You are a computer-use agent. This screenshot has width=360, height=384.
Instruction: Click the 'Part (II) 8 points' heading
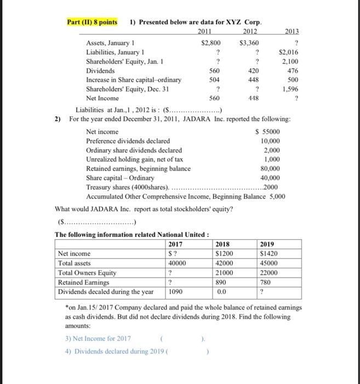point(92,22)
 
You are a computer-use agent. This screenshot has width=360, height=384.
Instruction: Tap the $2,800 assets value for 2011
point(211,42)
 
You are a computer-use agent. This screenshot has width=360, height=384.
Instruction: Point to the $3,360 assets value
point(250,42)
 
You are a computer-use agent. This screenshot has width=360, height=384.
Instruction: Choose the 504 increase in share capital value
point(213,80)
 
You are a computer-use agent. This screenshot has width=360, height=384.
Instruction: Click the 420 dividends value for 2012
point(253,70)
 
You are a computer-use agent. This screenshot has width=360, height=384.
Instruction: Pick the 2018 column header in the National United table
point(223,244)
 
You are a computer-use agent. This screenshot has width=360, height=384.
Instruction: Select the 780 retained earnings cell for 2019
point(266,282)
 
